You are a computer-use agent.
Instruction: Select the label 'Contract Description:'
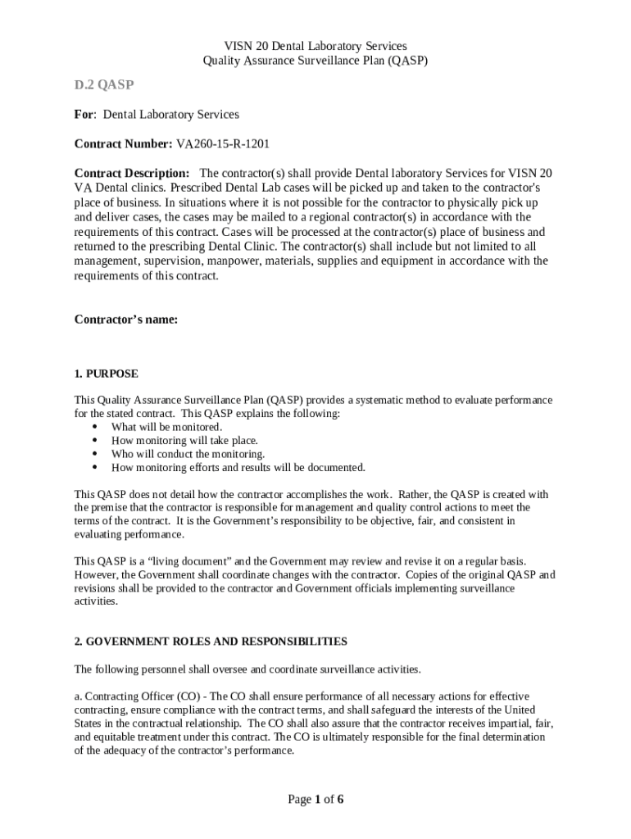(x=132, y=174)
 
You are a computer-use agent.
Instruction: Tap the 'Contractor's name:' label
(x=125, y=320)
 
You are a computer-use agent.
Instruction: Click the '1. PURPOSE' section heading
(x=106, y=374)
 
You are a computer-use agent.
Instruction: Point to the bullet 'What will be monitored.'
(x=166, y=427)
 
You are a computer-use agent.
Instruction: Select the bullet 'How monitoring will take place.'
(x=184, y=440)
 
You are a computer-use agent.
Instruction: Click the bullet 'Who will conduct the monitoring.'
(x=188, y=454)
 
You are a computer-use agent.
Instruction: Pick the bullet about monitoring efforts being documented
(x=238, y=468)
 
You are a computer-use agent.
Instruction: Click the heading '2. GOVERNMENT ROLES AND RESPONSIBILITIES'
(x=211, y=641)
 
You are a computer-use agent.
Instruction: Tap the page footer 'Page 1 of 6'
(x=315, y=800)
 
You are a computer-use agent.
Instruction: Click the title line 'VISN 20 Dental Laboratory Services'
(x=315, y=46)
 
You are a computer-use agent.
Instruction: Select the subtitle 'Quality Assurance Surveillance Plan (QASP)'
(x=315, y=61)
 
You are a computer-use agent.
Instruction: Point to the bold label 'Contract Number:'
(x=124, y=144)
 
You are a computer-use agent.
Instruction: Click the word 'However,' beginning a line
(x=97, y=574)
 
